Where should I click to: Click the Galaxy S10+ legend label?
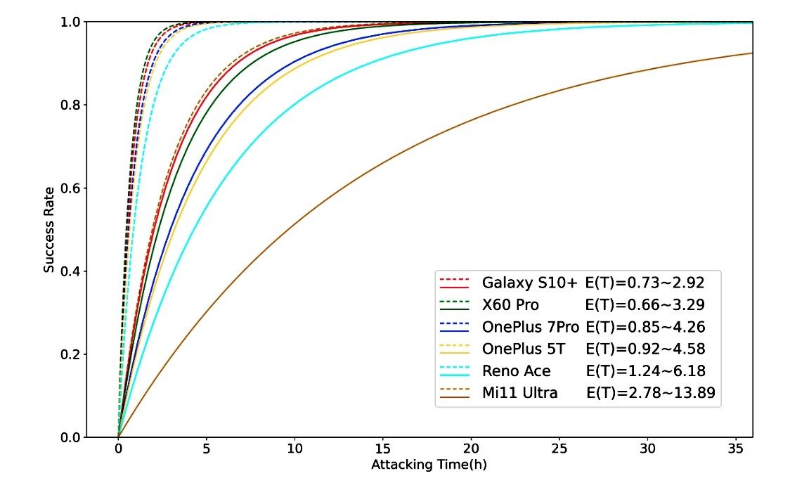click(529, 283)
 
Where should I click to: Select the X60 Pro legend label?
click(510, 304)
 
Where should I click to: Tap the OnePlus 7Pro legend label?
click(531, 327)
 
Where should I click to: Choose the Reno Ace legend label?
click(517, 370)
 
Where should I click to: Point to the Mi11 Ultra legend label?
click(520, 392)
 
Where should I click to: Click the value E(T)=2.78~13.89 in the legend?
click(651, 392)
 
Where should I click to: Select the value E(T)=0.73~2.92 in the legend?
click(645, 283)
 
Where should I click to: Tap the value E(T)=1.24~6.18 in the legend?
click(645, 370)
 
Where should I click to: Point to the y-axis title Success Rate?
click(48, 228)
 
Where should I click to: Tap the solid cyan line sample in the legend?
click(454, 376)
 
